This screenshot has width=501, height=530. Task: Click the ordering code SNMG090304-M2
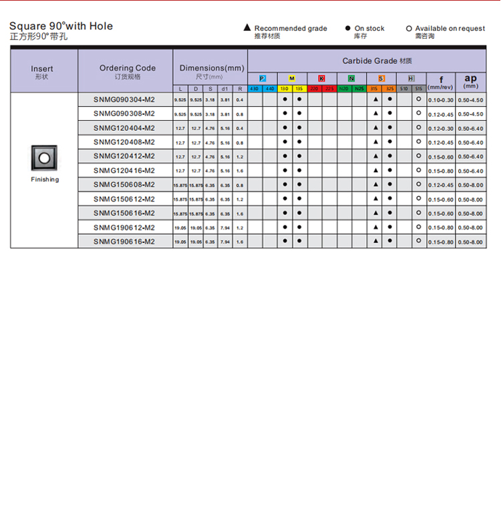click(124, 99)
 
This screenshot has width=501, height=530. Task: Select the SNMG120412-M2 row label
click(124, 156)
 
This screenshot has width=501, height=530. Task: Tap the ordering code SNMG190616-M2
click(124, 242)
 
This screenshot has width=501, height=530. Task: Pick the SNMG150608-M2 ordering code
click(124, 185)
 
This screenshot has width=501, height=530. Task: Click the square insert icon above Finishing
click(44, 158)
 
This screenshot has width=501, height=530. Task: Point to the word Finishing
click(44, 180)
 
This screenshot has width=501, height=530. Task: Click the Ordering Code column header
click(127, 68)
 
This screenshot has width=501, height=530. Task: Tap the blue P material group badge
click(262, 79)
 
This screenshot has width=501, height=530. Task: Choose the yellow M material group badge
click(291, 79)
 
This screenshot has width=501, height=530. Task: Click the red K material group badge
click(321, 79)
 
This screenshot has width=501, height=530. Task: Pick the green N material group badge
click(351, 79)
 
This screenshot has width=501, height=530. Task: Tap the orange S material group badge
click(381, 79)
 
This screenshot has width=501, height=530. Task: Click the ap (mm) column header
click(470, 80)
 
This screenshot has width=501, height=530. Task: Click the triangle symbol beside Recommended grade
click(246, 28)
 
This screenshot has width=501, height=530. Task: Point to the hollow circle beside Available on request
click(409, 28)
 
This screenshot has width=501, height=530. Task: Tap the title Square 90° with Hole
click(61, 26)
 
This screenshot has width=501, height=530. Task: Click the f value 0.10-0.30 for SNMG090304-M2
click(441, 100)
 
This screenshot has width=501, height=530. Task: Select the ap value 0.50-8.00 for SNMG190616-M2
click(470, 242)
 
